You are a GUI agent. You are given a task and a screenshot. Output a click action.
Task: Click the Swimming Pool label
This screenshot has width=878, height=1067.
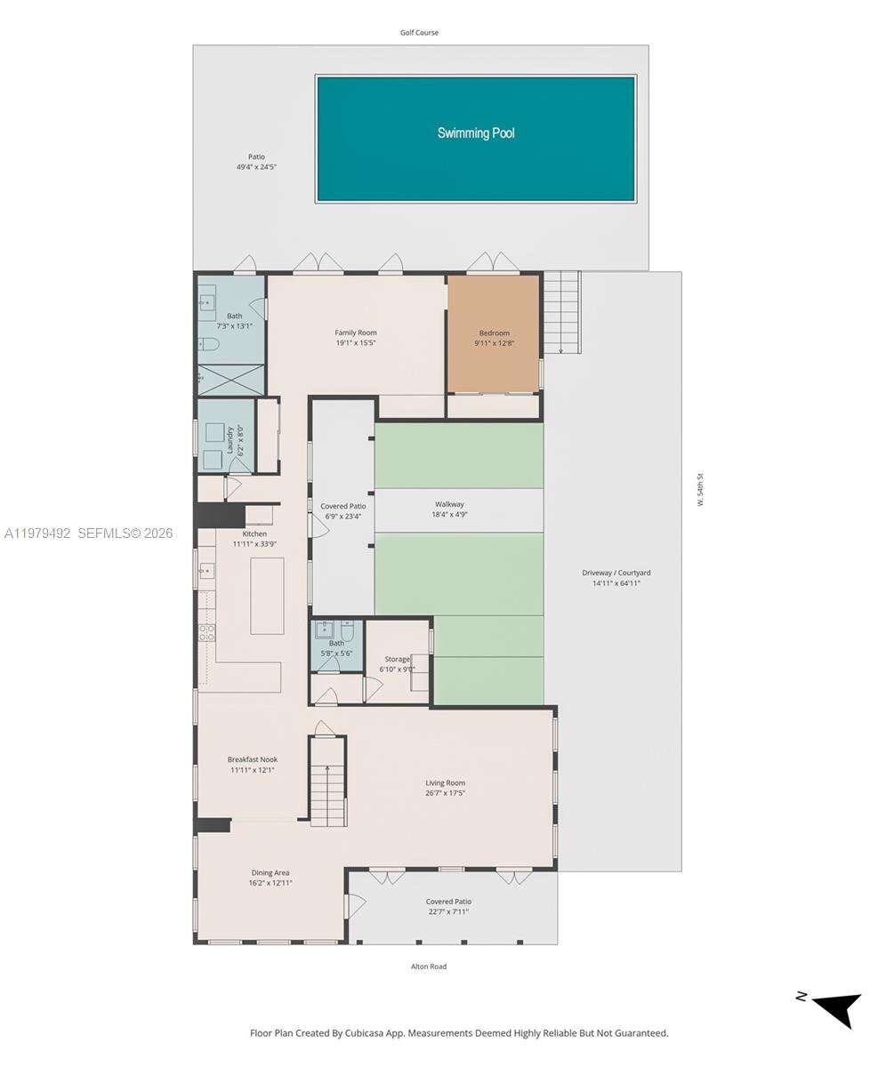pyautogui.click(x=475, y=133)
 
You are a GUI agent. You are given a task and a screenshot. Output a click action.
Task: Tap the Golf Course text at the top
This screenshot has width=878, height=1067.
pyautogui.click(x=419, y=33)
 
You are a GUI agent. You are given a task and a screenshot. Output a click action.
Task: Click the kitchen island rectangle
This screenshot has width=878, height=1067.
pyautogui.click(x=267, y=595)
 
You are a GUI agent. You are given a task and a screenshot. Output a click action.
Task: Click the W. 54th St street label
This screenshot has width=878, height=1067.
pyautogui.click(x=700, y=490)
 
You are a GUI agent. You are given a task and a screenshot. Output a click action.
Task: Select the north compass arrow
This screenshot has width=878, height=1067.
pyautogui.click(x=836, y=1008)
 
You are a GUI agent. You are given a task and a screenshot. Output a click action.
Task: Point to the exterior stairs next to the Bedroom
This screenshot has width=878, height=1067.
pyautogui.click(x=561, y=311)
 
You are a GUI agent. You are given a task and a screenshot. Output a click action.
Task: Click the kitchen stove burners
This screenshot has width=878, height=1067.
pyautogui.click(x=206, y=632)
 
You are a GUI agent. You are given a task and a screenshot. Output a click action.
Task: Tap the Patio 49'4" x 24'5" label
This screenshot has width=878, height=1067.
pyautogui.click(x=256, y=162)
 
